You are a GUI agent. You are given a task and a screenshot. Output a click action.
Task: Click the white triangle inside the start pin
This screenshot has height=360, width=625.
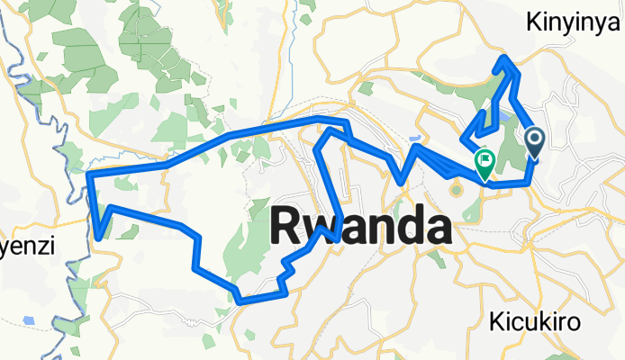coord(534,138)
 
